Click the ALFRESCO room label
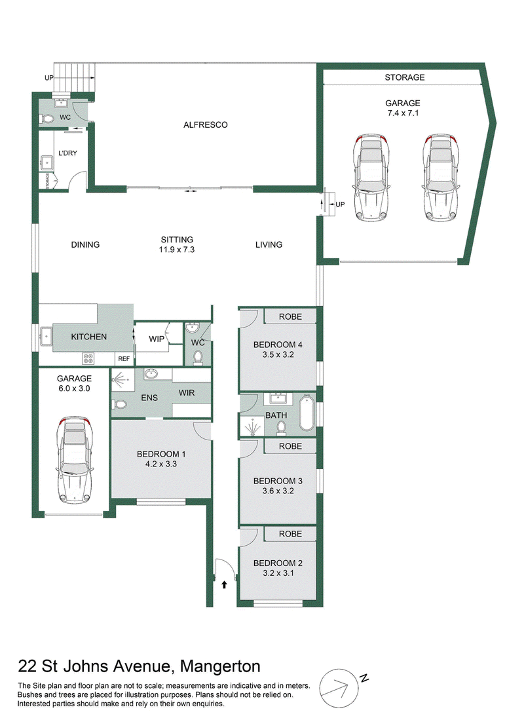pyautogui.click(x=205, y=124)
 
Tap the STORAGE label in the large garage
pyautogui.click(x=405, y=77)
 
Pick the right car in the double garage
pyautogui.click(x=440, y=178)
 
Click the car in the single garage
pyautogui.click(x=75, y=461)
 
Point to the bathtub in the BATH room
pyautogui.click(x=307, y=414)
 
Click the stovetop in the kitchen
pyautogui.click(x=88, y=358)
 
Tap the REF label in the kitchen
pyautogui.click(x=124, y=358)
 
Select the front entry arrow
pyautogui.click(x=224, y=584)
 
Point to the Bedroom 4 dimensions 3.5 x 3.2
pyautogui.click(x=278, y=354)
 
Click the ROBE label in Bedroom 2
pyautogui.click(x=290, y=534)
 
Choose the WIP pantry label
pyautogui.click(x=157, y=339)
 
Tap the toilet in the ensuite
pyautogui.click(x=120, y=404)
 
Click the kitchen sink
pyautogui.click(x=47, y=335)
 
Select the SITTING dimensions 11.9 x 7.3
pyautogui.click(x=177, y=250)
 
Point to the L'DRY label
pyautogui.click(x=67, y=153)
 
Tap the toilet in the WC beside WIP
pyautogui.click(x=198, y=358)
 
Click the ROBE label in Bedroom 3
pyautogui.click(x=290, y=446)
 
